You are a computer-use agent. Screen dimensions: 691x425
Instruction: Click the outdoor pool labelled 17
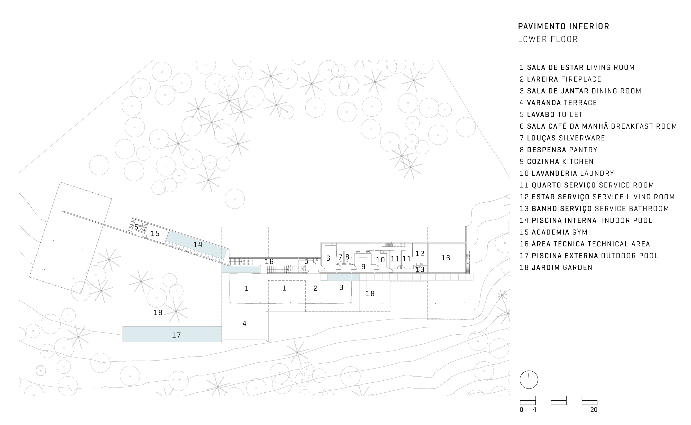172,334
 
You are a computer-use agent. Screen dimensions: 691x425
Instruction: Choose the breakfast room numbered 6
328,258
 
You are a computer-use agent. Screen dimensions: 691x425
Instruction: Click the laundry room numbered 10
381,260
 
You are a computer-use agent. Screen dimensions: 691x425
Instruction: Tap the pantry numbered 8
348,257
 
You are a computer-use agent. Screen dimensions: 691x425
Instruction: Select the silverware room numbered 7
340,257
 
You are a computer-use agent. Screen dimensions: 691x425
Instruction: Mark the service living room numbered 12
420,253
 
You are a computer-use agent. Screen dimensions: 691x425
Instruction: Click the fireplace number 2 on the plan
315,288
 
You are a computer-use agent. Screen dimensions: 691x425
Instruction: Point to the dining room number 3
341,288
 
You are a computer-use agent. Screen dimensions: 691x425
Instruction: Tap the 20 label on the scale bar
594,410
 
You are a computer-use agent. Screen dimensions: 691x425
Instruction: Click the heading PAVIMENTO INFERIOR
563,26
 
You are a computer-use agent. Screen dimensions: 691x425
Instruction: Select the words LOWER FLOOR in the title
548,39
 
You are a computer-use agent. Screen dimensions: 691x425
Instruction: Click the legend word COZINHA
543,162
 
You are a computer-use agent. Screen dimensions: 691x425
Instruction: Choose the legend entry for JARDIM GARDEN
556,268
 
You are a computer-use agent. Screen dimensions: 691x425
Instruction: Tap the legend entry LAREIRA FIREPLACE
560,79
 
